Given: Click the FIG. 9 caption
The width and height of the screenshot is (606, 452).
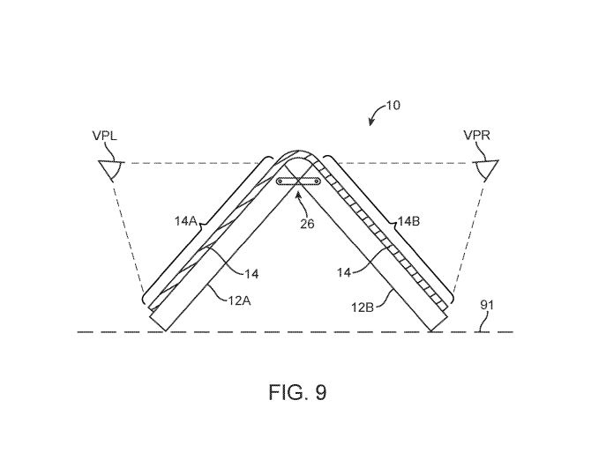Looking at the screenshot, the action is (x=297, y=392).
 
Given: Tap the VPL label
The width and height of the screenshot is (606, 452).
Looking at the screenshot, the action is (x=105, y=136).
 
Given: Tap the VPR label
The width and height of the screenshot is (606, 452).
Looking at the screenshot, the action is (x=476, y=136).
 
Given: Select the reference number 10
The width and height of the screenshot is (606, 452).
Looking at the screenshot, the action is (x=393, y=106).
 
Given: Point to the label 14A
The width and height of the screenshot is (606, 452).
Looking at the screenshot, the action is (x=186, y=221).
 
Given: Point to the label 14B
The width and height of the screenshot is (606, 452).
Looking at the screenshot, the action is (x=409, y=221).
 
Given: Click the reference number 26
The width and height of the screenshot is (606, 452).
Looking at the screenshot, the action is (x=307, y=224).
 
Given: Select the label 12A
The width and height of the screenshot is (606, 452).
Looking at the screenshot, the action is (x=239, y=300).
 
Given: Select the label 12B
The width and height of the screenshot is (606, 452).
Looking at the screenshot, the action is (x=363, y=308).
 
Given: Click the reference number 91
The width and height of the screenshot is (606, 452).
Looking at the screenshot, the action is (x=487, y=306).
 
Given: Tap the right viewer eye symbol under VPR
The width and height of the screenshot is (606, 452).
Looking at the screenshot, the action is (x=486, y=169).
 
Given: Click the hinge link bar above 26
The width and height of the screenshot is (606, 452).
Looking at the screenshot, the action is (x=298, y=181).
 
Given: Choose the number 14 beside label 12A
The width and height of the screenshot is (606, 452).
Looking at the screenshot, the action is (x=251, y=274).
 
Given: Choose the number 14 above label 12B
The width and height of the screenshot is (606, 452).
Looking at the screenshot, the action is (x=344, y=272).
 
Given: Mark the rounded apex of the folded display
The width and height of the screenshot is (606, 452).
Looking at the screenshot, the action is (x=296, y=152).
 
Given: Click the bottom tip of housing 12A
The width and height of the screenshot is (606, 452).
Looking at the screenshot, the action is (x=165, y=330).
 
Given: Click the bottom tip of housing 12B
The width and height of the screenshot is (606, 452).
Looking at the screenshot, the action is (x=431, y=330).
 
